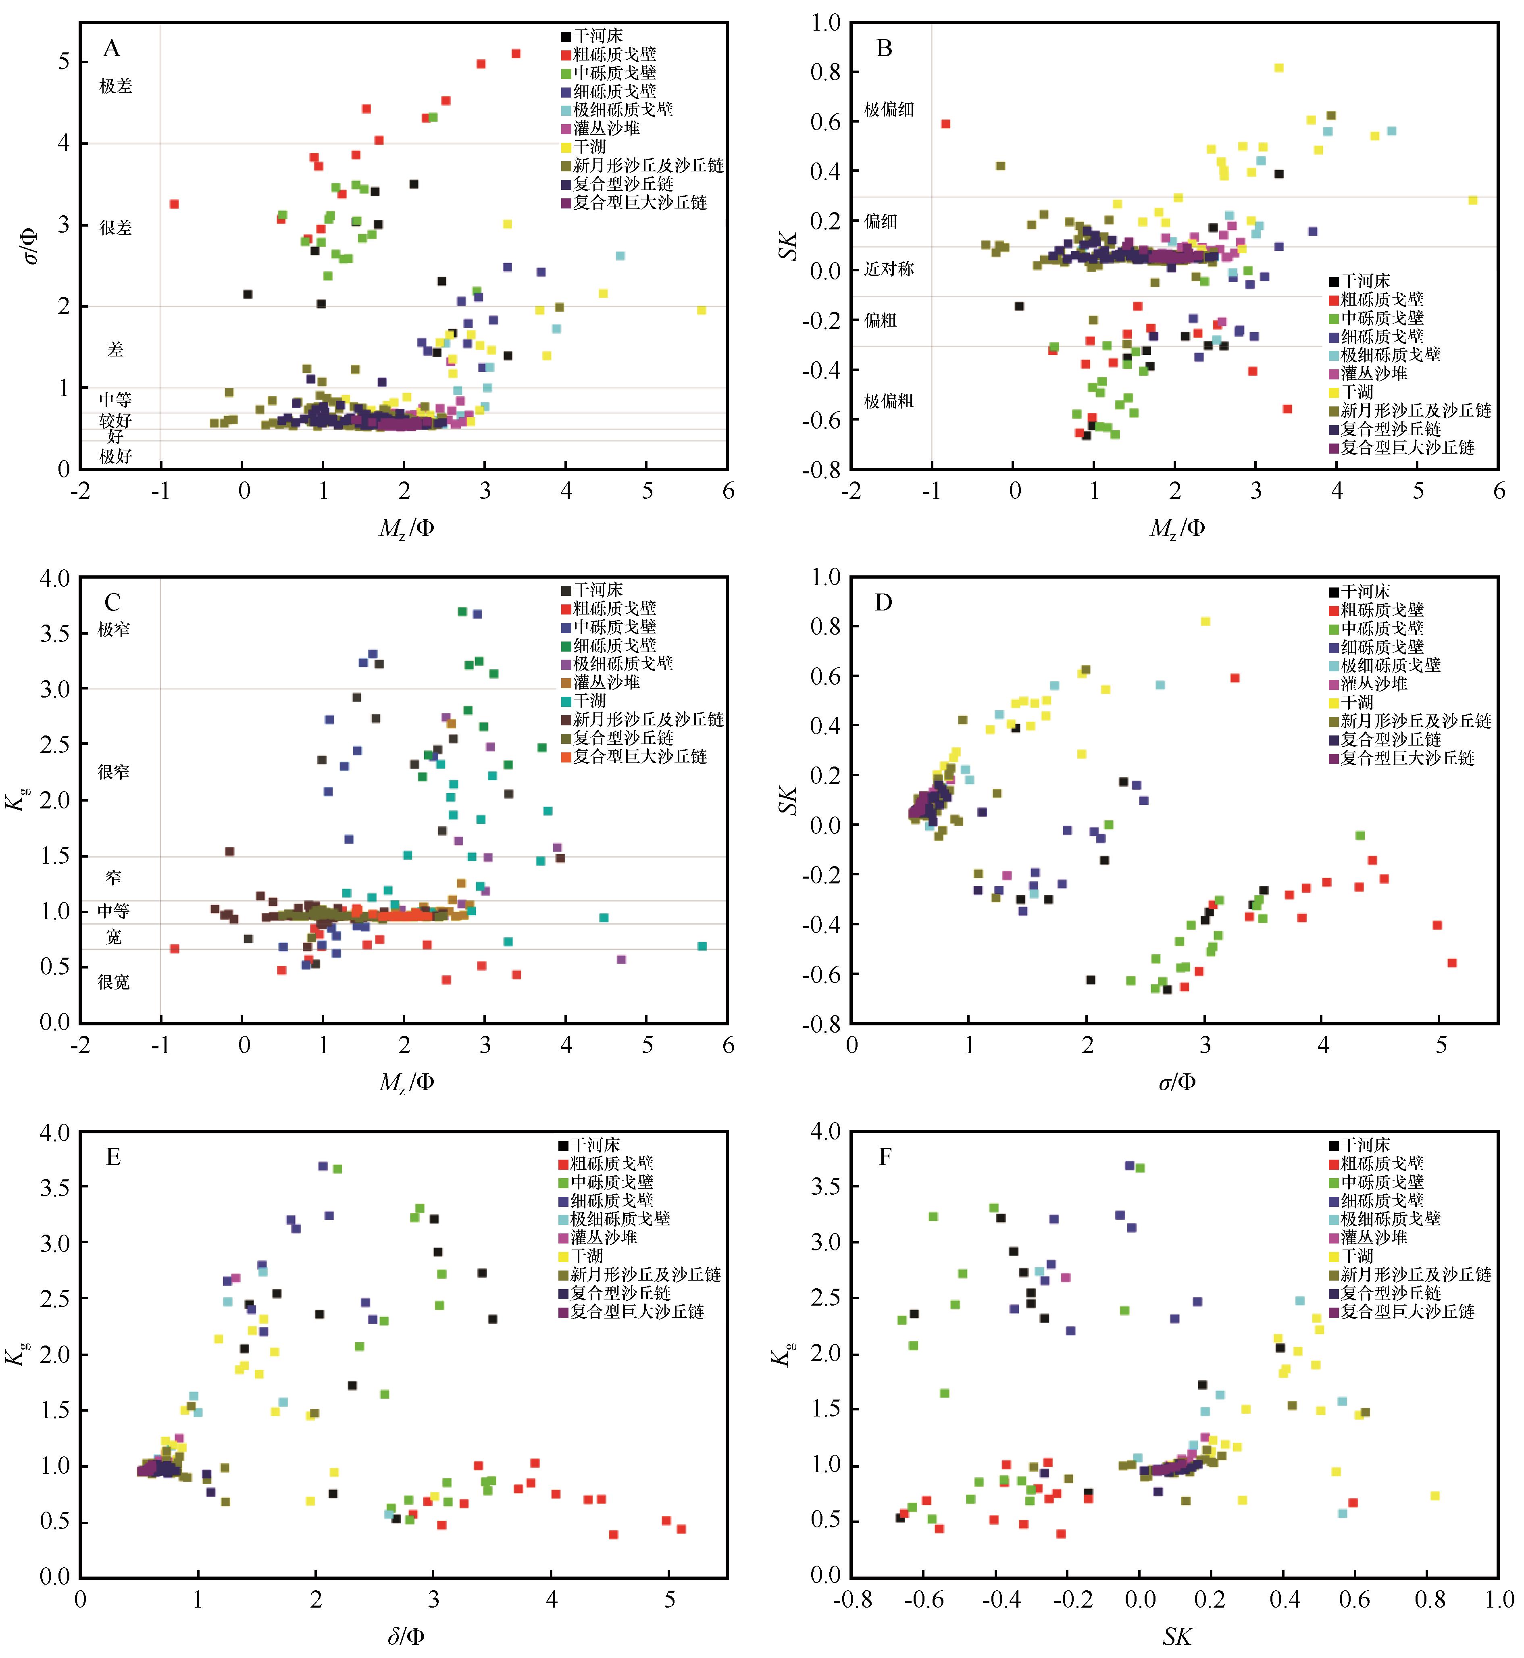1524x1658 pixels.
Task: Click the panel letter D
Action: click(883, 603)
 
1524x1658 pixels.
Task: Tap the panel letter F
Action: click(885, 1157)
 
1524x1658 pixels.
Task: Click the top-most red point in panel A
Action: click(516, 54)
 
